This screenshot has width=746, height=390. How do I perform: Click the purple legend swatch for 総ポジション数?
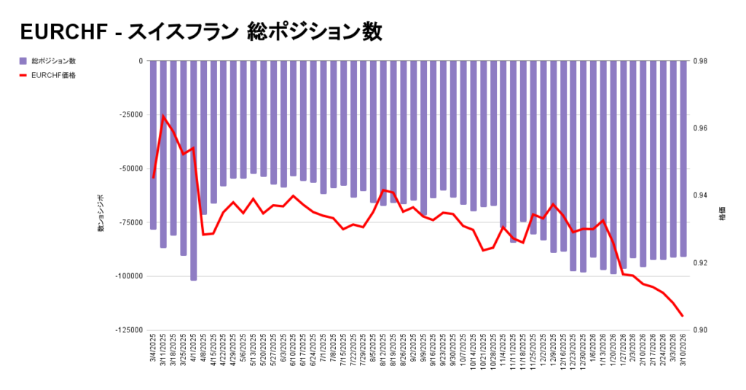click(x=23, y=61)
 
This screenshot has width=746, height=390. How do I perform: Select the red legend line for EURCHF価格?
click(x=23, y=74)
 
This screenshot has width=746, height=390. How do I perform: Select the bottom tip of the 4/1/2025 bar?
click(x=194, y=279)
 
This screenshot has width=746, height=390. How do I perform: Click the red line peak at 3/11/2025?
click(x=163, y=116)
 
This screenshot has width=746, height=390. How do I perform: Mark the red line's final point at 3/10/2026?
click(x=683, y=316)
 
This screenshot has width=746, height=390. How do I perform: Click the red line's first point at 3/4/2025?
click(x=153, y=177)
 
